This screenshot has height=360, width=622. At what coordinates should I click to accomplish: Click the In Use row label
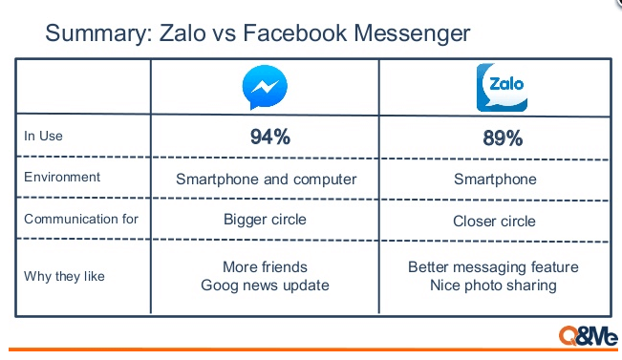(43, 137)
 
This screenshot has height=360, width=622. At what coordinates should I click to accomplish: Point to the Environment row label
(62, 178)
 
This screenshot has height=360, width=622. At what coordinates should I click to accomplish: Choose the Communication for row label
(81, 219)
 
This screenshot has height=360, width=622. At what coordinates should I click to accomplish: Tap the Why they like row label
(65, 277)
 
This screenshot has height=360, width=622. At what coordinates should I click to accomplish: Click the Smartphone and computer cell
(267, 179)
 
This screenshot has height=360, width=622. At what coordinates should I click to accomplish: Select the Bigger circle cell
(265, 220)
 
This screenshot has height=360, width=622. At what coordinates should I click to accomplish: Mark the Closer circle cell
(494, 222)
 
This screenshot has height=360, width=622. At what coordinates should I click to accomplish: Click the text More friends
(266, 267)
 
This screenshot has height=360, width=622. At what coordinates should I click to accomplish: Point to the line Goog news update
(265, 286)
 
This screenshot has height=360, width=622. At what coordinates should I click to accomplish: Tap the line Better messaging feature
(493, 267)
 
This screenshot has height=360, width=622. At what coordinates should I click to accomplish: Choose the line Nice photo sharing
(494, 286)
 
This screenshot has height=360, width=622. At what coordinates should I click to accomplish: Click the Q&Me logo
(587, 336)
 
